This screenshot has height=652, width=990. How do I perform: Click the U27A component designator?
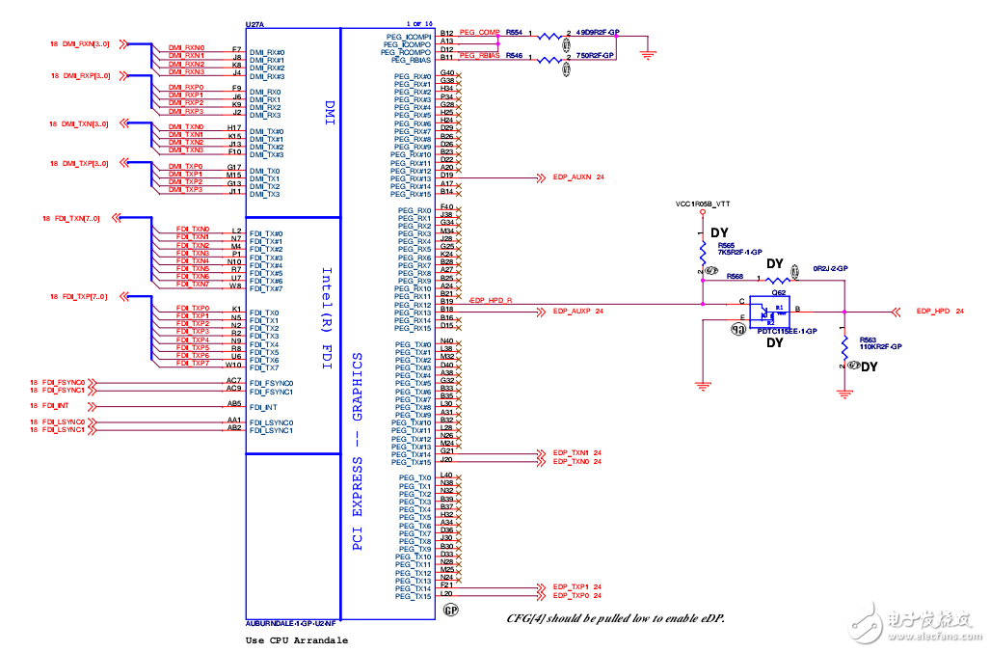[x=254, y=23]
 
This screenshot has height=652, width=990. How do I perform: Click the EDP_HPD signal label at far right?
[x=933, y=312]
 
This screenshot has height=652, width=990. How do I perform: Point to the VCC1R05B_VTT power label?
[x=703, y=204]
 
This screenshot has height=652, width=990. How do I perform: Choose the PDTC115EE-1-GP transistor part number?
[x=789, y=331]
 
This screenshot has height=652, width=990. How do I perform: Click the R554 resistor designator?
[x=514, y=32]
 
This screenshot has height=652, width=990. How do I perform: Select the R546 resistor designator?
[x=514, y=56]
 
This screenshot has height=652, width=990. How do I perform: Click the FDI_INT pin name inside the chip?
[x=263, y=408]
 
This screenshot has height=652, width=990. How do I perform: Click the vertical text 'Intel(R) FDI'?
[x=327, y=311]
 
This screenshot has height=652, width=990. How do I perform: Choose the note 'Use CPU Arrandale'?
[x=297, y=640]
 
